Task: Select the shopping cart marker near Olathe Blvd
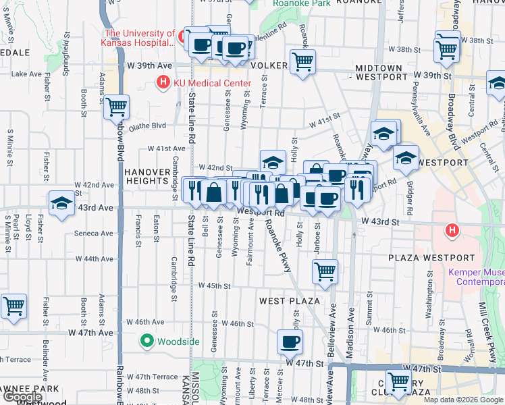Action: coord(117,106)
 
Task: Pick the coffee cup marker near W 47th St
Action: coord(290,342)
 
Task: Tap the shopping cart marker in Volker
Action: coord(303,62)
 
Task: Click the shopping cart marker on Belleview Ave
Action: coord(325,271)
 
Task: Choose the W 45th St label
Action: coord(216,286)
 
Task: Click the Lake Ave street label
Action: coord(27,74)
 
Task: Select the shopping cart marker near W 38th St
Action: coord(447,47)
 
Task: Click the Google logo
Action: coord(22,398)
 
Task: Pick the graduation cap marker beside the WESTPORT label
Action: coord(406,159)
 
